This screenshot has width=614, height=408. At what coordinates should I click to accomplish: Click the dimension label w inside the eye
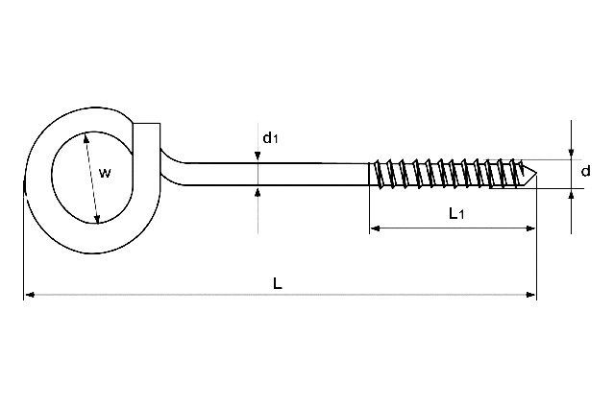[105, 173]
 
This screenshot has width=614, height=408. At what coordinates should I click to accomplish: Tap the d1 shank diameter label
[270, 137]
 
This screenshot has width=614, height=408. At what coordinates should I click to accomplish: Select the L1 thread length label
[455, 213]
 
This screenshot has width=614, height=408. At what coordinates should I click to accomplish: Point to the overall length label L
[278, 283]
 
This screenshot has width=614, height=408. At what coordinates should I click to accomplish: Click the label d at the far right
[585, 171]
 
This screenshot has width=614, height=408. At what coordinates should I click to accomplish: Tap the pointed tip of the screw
[537, 174]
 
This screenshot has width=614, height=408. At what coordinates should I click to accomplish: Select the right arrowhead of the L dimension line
[530, 295]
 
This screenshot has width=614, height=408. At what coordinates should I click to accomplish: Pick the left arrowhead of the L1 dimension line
[375, 228]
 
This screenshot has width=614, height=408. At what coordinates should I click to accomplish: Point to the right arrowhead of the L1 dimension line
[530, 228]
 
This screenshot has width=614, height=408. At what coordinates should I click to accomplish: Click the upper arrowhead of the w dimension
[86, 137]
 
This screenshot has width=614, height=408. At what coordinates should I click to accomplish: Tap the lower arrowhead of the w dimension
[97, 219]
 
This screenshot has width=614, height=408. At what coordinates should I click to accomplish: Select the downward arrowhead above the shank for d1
[258, 156]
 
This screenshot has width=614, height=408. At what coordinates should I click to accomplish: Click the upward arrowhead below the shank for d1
[258, 192]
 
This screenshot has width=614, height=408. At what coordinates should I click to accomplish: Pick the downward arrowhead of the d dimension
[572, 154]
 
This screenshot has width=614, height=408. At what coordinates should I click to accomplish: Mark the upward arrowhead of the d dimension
[572, 195]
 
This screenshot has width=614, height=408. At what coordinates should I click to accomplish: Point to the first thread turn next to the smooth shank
[377, 174]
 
